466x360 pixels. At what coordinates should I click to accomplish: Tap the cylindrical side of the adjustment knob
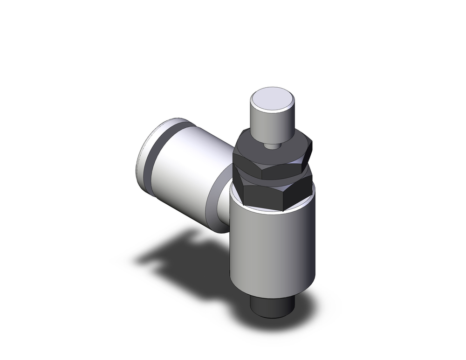[x=273, y=120]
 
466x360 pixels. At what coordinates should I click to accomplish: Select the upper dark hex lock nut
[x=273, y=156]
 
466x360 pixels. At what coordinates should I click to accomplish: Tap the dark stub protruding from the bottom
[x=273, y=305]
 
